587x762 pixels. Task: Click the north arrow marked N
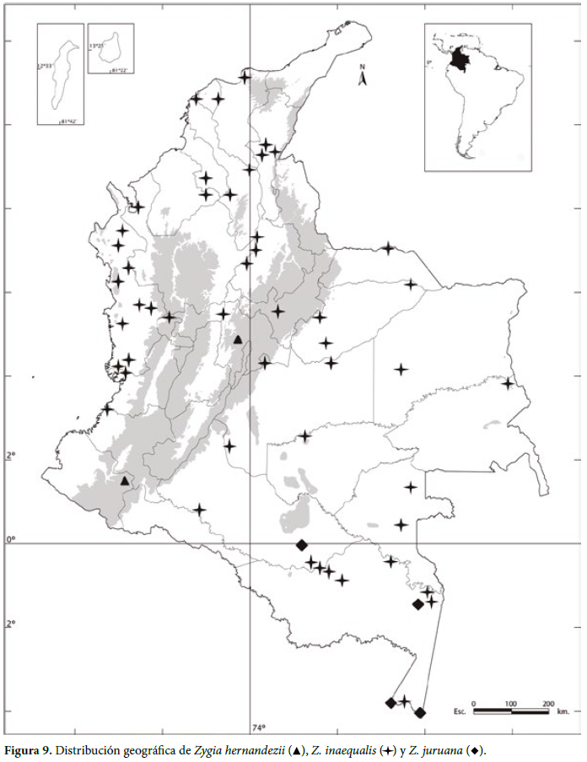tap(362, 77)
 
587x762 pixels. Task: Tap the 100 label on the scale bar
tap(510, 702)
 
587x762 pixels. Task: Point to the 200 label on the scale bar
tap(547, 702)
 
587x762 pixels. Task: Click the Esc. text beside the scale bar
tap(459, 711)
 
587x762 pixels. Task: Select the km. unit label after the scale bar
tap(563, 711)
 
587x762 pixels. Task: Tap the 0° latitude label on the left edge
tap(12, 539)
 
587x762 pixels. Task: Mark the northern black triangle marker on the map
tap(238, 340)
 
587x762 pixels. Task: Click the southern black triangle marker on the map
tap(125, 481)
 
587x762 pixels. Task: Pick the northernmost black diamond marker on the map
tap(302, 545)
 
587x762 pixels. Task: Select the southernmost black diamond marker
tap(421, 713)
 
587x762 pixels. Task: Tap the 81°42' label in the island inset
tap(67, 122)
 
